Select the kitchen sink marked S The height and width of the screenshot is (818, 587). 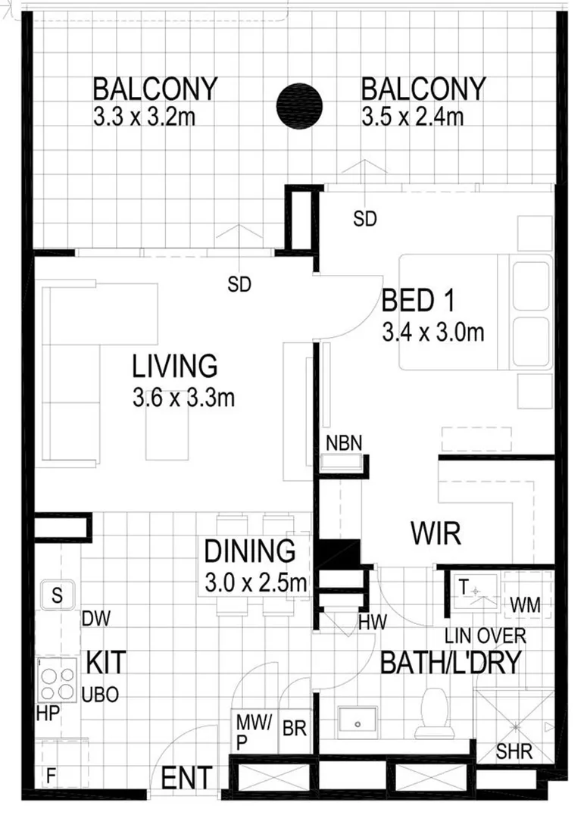pyautogui.click(x=57, y=595)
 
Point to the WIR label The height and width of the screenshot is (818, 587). pyautogui.click(x=436, y=534)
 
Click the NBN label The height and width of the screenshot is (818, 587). pyautogui.click(x=343, y=442)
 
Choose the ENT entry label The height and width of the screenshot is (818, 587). pyautogui.click(x=186, y=778)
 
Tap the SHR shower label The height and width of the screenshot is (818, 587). pyautogui.click(x=515, y=753)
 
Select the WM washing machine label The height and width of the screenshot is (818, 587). pyautogui.click(x=526, y=604)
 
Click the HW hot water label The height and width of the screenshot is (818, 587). pyautogui.click(x=373, y=623)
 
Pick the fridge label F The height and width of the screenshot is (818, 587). pyautogui.click(x=51, y=775)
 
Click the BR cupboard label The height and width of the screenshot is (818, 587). pyautogui.click(x=294, y=729)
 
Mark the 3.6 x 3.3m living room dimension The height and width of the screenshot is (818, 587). pyautogui.click(x=183, y=398)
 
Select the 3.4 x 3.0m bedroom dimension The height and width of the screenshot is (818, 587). pyautogui.click(x=432, y=331)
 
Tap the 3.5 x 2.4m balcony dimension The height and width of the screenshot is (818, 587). pyautogui.click(x=412, y=117)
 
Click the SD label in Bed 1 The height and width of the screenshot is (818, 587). pyautogui.click(x=365, y=220)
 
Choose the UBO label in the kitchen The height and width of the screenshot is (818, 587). pyautogui.click(x=100, y=694)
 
